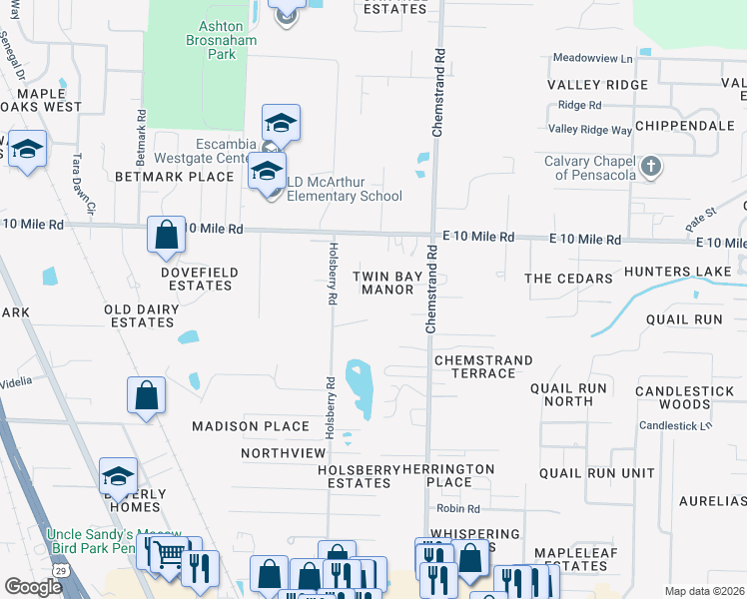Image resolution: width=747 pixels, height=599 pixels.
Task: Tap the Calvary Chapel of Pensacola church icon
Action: (x=650, y=167)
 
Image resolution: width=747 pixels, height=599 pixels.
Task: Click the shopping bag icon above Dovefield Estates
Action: (x=167, y=237)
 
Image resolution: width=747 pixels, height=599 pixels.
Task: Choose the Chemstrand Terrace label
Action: (x=483, y=366)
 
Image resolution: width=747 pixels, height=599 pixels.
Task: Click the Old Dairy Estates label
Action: (x=140, y=316)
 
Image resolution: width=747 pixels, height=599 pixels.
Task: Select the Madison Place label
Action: (x=251, y=426)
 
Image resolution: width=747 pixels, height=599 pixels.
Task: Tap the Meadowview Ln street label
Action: (x=599, y=60)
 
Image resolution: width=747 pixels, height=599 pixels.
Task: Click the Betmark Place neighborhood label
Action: (x=174, y=177)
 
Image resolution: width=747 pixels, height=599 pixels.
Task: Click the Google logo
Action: (x=33, y=587)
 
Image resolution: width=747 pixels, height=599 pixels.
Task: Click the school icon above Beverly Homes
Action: (x=118, y=476)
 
